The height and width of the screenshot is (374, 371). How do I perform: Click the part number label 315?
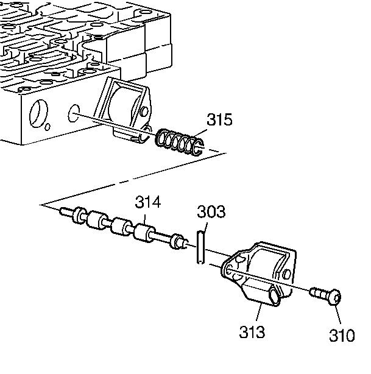(x=219, y=120)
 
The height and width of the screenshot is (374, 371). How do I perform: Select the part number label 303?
(x=211, y=213)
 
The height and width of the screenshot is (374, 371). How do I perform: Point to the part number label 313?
(x=252, y=333)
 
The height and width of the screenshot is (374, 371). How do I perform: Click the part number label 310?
(x=341, y=335)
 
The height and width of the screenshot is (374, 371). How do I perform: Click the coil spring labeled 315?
(x=180, y=143)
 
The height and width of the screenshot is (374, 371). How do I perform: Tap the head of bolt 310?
(x=334, y=298)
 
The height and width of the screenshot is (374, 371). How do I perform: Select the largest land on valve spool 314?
(x=145, y=232)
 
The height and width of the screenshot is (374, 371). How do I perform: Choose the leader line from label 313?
(x=257, y=314)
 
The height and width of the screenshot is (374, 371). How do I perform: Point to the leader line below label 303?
(x=204, y=225)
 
